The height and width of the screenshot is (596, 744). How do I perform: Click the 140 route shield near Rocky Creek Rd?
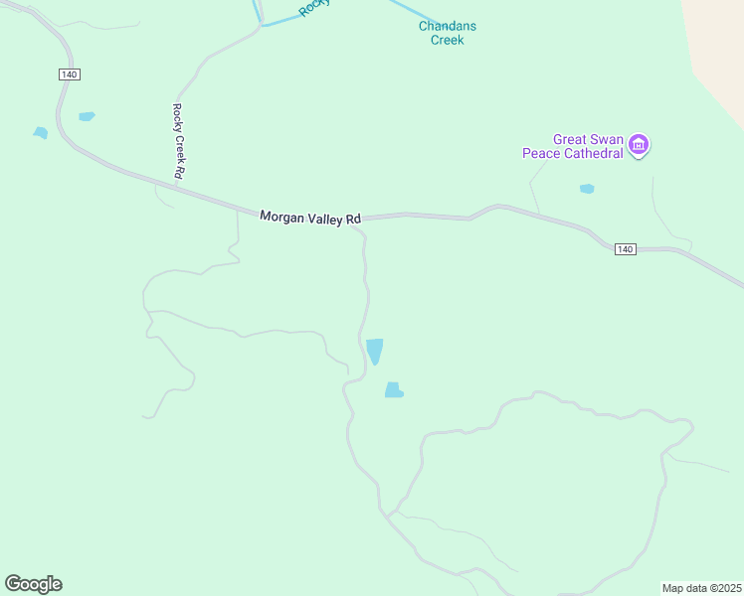(x=68, y=74)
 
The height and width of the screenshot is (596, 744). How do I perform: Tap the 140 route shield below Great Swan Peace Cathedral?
(x=624, y=248)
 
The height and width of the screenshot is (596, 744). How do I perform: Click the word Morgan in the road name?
(x=281, y=216)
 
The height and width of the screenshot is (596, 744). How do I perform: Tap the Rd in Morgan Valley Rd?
(x=354, y=218)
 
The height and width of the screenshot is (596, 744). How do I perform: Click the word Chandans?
(x=448, y=26)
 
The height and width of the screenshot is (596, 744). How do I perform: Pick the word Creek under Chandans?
(x=448, y=40)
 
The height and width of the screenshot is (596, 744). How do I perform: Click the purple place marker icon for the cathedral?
(x=640, y=146)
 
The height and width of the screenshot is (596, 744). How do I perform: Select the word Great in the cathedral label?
(x=572, y=140)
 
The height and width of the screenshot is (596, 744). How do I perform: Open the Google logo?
(x=33, y=584)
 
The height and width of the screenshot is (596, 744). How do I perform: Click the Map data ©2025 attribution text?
(x=702, y=587)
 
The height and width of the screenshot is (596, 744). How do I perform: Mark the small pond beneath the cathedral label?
(x=587, y=188)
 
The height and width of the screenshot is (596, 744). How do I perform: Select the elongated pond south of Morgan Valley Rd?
(x=374, y=351)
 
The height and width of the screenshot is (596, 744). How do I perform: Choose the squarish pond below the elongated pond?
(x=394, y=390)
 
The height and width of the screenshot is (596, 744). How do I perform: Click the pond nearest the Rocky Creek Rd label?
(x=87, y=116)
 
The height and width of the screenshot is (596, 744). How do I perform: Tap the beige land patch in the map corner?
(x=721, y=50)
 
